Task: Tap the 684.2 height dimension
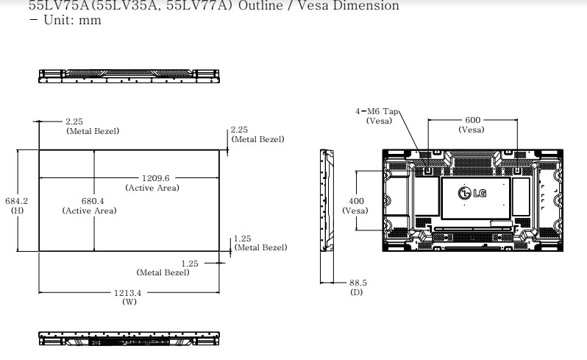pyautogui.click(x=16, y=200)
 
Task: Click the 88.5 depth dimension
pyautogui.click(x=357, y=283)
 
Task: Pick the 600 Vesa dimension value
pyautogui.click(x=472, y=120)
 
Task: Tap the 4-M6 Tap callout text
pyautogui.click(x=377, y=111)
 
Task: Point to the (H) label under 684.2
pyautogui.click(x=16, y=210)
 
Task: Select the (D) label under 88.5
pyautogui.click(x=357, y=292)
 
